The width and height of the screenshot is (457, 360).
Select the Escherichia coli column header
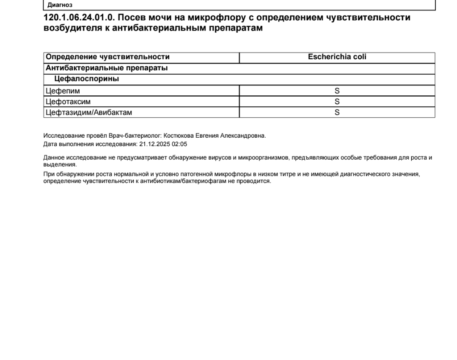(337, 57)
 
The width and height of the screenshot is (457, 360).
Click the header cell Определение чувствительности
(107, 57)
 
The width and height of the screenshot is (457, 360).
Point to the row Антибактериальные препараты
(107, 68)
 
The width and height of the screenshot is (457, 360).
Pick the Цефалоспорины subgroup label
(86, 79)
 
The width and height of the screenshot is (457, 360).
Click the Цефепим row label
(63, 91)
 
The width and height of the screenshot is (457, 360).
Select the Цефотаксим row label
(68, 102)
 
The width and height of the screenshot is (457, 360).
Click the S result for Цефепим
(337, 91)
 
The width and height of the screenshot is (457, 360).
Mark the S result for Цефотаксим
(337, 102)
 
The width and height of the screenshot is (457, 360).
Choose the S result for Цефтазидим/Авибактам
(337, 112)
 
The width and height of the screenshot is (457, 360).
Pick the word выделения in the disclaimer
(59, 164)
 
